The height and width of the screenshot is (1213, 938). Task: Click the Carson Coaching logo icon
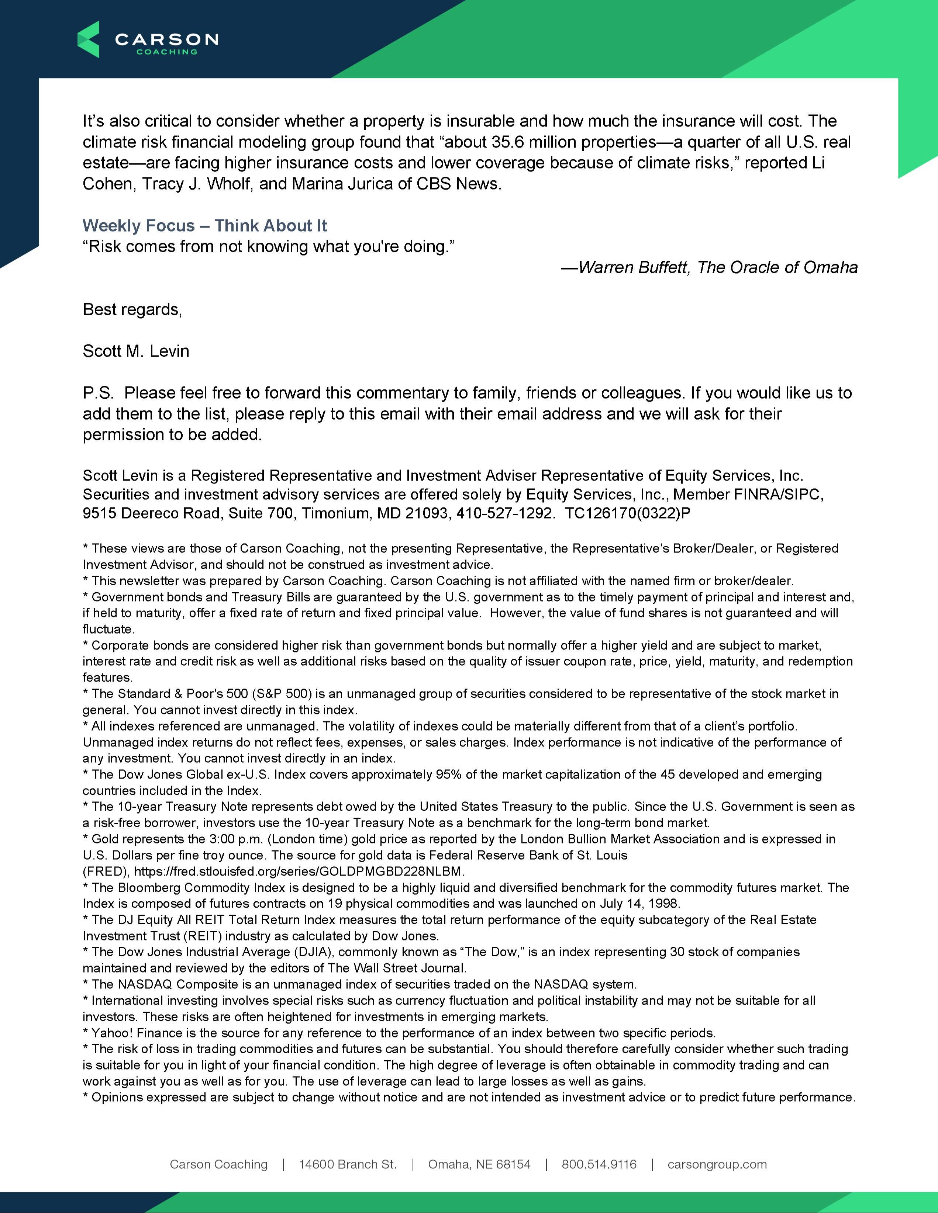tap(88, 39)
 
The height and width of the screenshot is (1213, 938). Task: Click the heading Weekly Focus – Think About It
tap(204, 225)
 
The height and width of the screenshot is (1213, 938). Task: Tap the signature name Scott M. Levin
tap(136, 351)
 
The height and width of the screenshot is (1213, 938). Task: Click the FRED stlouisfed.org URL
tap(299, 871)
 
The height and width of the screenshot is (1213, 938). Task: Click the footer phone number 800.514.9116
tap(599, 1164)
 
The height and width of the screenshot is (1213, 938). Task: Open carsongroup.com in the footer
tap(717, 1164)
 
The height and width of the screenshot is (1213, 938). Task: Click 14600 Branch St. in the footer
tap(348, 1164)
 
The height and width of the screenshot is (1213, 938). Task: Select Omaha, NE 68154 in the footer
tap(479, 1164)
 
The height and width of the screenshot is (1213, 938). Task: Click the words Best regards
tap(132, 309)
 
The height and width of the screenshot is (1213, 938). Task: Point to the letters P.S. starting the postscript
tap(98, 393)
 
